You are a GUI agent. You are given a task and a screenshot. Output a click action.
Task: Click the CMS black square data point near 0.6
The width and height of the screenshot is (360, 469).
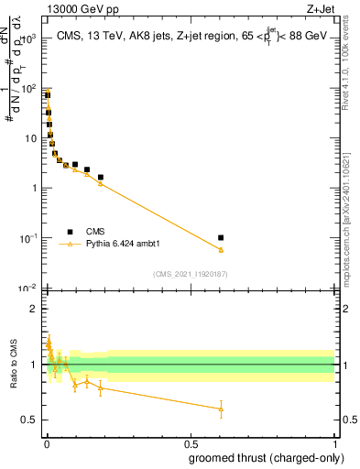[x=221, y=237]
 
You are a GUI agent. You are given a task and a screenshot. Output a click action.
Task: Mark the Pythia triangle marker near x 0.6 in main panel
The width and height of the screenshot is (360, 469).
[x=221, y=249]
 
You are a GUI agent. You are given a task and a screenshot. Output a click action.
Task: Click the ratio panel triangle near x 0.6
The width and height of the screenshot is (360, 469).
[x=221, y=409]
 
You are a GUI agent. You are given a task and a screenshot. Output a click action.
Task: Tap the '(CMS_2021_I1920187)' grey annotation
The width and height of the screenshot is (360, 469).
[x=190, y=274]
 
